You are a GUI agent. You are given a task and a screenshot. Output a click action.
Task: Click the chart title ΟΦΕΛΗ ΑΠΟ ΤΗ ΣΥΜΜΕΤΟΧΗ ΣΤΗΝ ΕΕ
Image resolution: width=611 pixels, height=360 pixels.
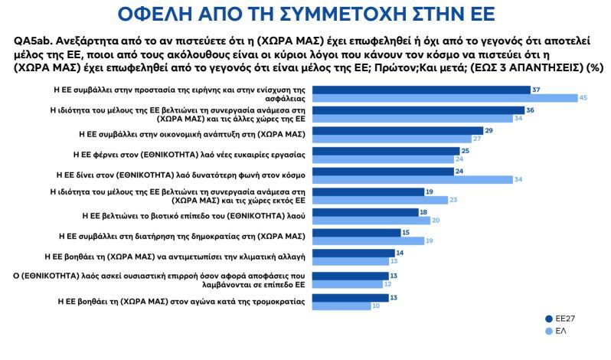tap(305, 14)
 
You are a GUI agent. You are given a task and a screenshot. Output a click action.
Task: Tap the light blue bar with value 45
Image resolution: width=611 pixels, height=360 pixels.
tap(444, 98)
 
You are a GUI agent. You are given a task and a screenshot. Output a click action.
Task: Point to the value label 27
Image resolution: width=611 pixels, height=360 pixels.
tap(477, 139)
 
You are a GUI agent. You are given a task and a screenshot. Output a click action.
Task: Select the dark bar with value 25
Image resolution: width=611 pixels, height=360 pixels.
tap(383, 151)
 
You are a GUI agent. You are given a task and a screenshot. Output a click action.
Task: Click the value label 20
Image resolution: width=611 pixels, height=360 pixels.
tap(436, 220)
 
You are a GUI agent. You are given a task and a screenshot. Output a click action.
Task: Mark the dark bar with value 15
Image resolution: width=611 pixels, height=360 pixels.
tap(352, 232)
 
